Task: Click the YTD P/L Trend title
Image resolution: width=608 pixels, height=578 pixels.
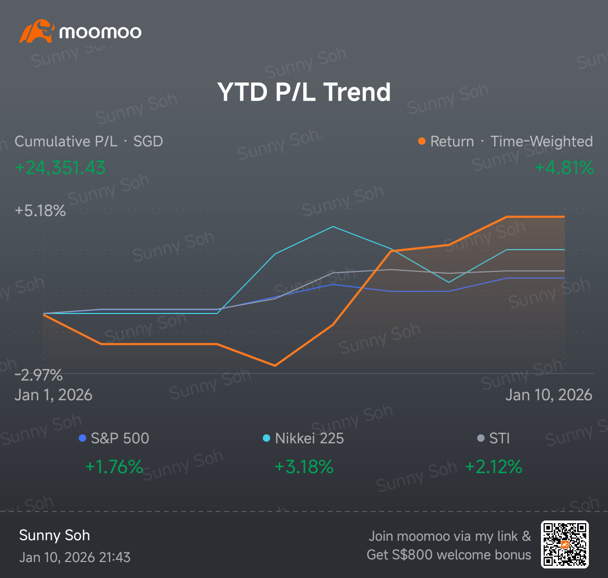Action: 304,92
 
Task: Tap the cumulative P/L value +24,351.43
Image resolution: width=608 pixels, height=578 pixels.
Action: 60,168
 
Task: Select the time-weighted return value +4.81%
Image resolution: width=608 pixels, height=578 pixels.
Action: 564,168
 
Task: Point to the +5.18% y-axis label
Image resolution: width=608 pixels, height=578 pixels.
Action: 40,211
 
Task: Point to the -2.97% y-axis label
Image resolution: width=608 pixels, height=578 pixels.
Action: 39,376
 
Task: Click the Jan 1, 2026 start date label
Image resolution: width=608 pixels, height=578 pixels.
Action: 54,395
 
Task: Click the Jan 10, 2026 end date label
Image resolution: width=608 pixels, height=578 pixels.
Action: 548,395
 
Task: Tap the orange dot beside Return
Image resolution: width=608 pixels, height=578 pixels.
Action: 422,141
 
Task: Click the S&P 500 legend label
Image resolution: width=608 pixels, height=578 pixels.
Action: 120,439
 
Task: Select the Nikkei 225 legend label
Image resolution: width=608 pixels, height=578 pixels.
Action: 310,439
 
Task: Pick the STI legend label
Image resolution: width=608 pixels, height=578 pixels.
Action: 499,439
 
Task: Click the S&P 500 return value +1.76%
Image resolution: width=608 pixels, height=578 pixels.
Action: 114,467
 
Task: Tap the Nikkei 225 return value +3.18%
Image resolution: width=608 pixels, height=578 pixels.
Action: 304,467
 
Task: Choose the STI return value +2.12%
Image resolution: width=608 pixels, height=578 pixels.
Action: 494,467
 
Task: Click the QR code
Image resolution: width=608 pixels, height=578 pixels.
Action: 565,544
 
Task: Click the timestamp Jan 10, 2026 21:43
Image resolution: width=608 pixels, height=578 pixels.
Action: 75,557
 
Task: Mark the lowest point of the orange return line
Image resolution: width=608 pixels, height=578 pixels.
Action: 275,366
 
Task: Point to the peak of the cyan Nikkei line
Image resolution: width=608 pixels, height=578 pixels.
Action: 332,227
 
